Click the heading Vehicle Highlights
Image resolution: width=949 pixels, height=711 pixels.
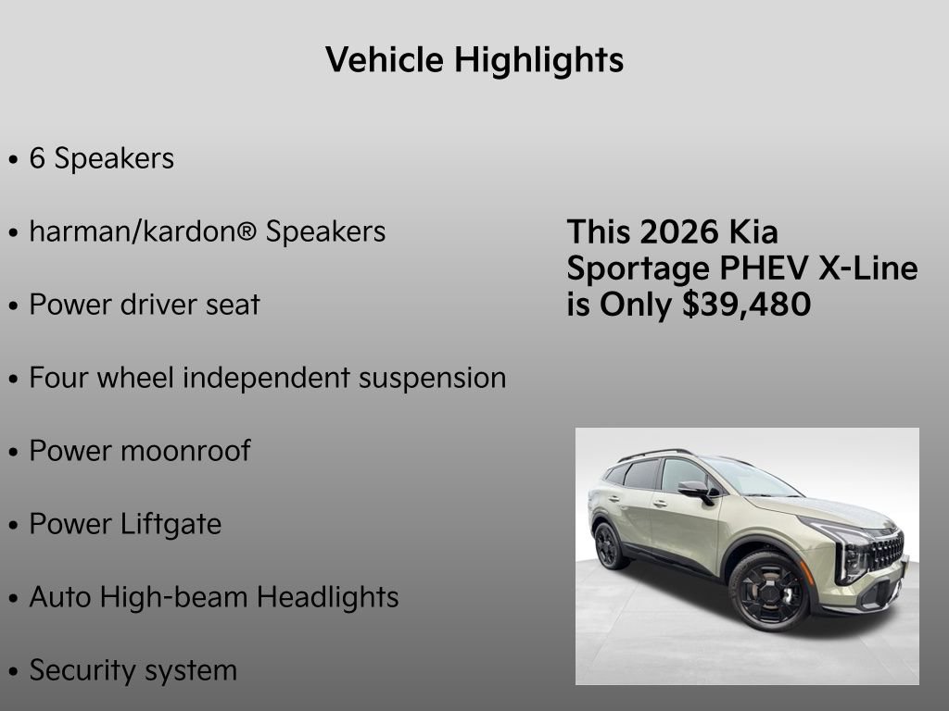click(x=474, y=60)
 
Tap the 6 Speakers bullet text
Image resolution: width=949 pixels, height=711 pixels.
click(x=101, y=158)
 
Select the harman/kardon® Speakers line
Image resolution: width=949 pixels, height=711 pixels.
click(x=207, y=231)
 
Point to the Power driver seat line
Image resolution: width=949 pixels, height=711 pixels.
click(x=145, y=305)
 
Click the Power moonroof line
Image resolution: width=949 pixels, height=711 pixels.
click(x=140, y=451)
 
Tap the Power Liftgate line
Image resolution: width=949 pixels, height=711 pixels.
click(x=125, y=524)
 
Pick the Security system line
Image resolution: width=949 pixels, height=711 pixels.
click(x=133, y=670)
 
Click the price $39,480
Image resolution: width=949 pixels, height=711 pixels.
click(x=746, y=305)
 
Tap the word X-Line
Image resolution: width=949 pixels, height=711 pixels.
click(x=868, y=268)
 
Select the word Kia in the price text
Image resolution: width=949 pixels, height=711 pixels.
click(x=753, y=231)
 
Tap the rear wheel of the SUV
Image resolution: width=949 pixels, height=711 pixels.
click(x=609, y=545)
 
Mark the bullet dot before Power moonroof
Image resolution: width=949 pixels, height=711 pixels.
click(x=13, y=453)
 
